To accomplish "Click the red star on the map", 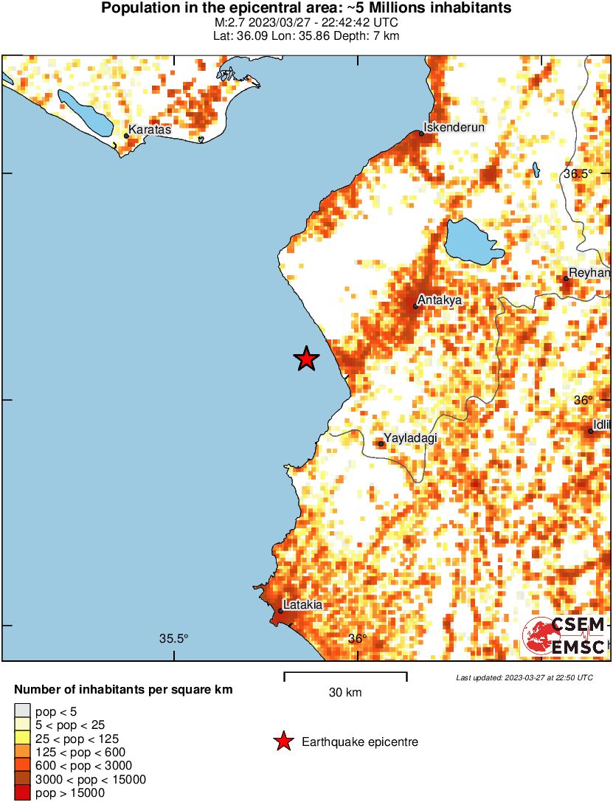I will pyautogui.click(x=306, y=359).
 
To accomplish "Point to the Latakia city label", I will pyautogui.click(x=303, y=604).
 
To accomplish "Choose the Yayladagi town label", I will pyautogui.click(x=410, y=438).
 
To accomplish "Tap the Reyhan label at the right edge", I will pyautogui.click(x=590, y=273).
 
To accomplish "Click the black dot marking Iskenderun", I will pyautogui.click(x=421, y=134).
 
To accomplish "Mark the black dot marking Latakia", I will pyautogui.click(x=280, y=611).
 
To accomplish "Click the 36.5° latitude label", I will pyautogui.click(x=578, y=174).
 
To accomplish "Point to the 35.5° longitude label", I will pyautogui.click(x=174, y=638).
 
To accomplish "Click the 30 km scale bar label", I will pyautogui.click(x=345, y=692).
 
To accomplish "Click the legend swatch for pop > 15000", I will pyautogui.click(x=22, y=793).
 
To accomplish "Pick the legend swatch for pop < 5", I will pyautogui.click(x=22, y=711).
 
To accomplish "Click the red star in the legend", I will pyautogui.click(x=283, y=741).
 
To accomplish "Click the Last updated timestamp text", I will pyautogui.click(x=524, y=677).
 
